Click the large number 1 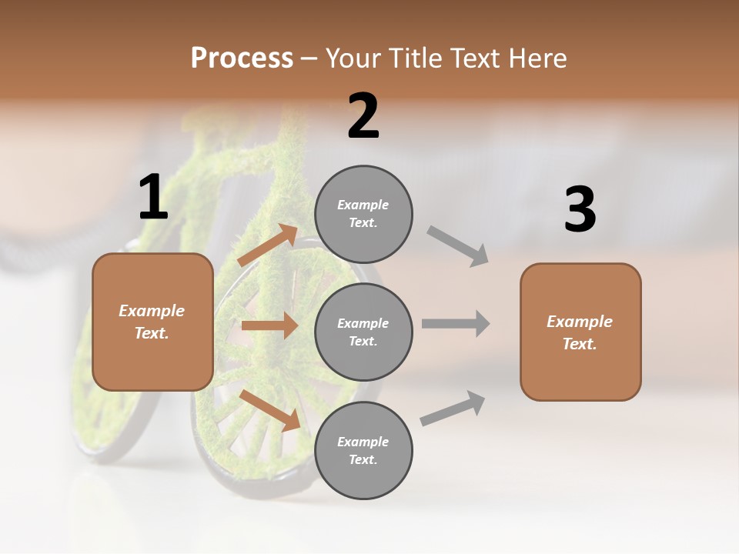pos(153,197)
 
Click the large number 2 pos(363,117)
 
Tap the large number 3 pos(580,209)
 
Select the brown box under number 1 pos(152,322)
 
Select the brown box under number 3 pos(580,332)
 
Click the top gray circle pos(363,214)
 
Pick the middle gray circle pos(363,332)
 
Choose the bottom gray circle pos(363,450)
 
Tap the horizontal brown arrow pos(269,325)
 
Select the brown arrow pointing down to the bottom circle pos(270,410)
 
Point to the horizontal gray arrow pos(456,323)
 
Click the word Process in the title pos(242,58)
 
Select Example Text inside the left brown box pos(152,322)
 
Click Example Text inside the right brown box pos(580,332)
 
